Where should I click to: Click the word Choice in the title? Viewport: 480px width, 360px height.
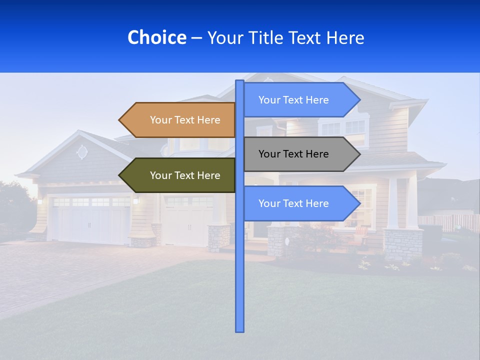tap(156, 37)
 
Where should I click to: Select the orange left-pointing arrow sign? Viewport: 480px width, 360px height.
tap(180, 120)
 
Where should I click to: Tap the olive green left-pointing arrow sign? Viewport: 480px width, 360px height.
tap(180, 175)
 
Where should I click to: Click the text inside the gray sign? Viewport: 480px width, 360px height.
tap(293, 154)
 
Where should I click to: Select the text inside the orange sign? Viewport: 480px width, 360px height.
tap(185, 120)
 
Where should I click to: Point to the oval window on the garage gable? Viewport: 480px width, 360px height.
tap(82, 151)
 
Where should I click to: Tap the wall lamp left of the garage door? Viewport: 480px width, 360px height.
tap(39, 201)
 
